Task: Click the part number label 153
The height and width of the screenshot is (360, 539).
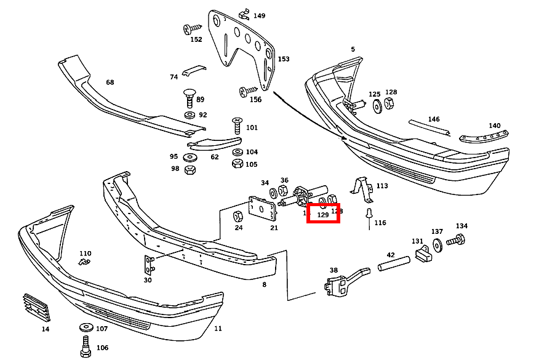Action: pos(283,59)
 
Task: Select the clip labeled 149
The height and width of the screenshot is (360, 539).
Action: pos(244,14)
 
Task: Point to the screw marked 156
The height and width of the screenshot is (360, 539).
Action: pos(247,91)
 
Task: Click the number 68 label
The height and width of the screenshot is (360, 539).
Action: pos(110,82)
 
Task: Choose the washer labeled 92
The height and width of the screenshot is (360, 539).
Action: pos(189,115)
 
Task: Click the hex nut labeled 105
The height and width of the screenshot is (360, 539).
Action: pos(237,164)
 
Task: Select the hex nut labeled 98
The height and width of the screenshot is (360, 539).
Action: pos(190,169)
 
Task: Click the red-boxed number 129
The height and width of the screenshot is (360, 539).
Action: pos(323,215)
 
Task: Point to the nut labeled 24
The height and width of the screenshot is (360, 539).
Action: pos(238,216)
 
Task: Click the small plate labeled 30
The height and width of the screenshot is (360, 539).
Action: pos(148,265)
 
